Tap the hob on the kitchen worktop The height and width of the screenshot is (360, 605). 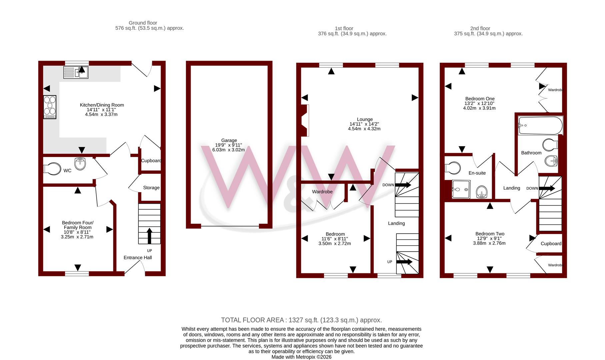click(x=50, y=107)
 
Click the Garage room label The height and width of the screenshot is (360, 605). click(x=229, y=140)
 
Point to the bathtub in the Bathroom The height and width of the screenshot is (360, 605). click(x=540, y=126)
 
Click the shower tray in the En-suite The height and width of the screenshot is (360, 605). click(x=461, y=189)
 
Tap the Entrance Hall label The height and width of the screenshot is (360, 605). click(x=138, y=257)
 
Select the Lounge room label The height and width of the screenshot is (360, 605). click(x=365, y=119)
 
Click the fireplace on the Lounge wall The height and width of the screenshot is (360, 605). click(x=305, y=120)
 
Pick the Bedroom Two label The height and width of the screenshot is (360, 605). click(x=490, y=234)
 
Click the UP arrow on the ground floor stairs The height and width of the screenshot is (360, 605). click(x=149, y=236)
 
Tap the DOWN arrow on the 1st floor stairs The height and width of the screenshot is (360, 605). click(x=403, y=185)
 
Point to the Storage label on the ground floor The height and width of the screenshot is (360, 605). click(x=151, y=188)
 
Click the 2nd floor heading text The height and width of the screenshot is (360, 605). click(x=480, y=28)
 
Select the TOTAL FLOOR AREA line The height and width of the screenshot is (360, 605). click(x=301, y=320)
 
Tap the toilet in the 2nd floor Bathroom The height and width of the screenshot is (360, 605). click(x=550, y=145)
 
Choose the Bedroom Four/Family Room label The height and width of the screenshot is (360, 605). click(x=78, y=225)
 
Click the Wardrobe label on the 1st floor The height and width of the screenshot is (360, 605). click(x=322, y=192)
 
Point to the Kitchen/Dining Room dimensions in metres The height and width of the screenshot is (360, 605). click(x=101, y=114)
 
